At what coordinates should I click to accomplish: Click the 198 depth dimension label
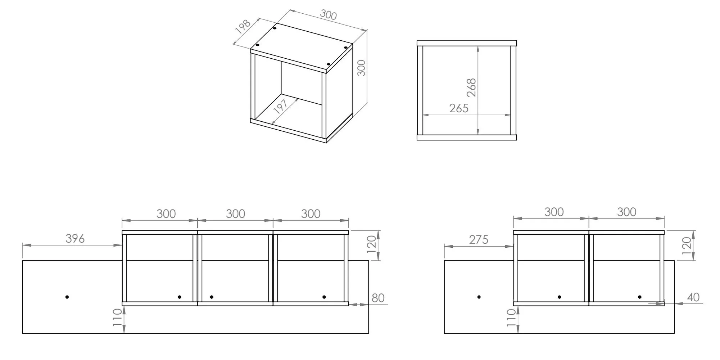(243, 27)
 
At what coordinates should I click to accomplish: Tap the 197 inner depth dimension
(280, 107)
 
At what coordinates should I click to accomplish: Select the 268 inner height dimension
(471, 88)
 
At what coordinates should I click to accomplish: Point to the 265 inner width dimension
(459, 108)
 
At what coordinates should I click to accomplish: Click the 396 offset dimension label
(75, 238)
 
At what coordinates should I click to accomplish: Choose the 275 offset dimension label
(479, 239)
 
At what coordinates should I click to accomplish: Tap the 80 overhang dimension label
(378, 298)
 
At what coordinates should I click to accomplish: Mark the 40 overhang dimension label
(693, 297)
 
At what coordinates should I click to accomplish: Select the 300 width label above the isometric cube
(328, 15)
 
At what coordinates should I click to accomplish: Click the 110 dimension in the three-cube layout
(118, 317)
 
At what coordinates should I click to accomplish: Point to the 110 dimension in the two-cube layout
(511, 318)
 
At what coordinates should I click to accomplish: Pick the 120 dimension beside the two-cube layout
(687, 246)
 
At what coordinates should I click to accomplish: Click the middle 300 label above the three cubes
(235, 214)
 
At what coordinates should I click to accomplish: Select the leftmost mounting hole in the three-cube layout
(67, 297)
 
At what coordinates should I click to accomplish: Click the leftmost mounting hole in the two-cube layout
(479, 297)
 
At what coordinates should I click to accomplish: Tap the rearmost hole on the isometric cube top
(275, 28)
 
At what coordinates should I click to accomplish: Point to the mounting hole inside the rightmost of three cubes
(324, 297)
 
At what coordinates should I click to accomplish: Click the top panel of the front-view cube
(467, 43)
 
